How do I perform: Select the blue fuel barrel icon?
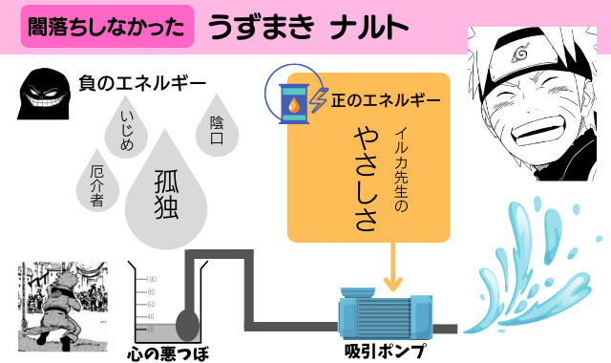click(291, 95)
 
